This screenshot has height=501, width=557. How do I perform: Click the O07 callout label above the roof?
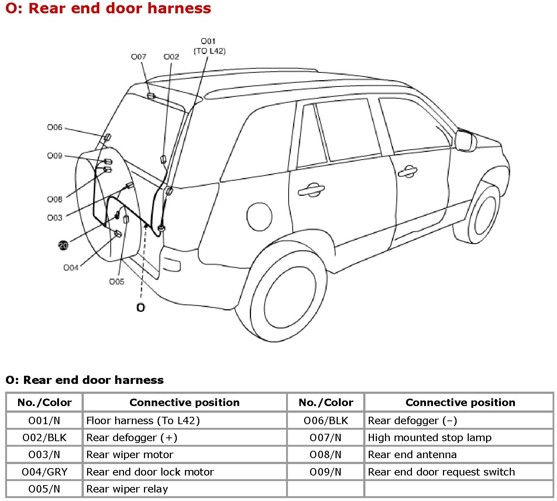[x=138, y=57]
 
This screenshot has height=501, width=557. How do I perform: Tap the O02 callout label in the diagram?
[x=171, y=57]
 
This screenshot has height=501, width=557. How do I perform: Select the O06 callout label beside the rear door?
[x=55, y=127]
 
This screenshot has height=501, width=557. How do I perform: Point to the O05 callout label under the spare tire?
[x=117, y=282]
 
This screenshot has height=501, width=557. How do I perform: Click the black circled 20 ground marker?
[x=63, y=245]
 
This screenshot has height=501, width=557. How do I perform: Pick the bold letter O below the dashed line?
[x=141, y=307]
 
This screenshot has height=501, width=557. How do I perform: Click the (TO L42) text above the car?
[x=209, y=51]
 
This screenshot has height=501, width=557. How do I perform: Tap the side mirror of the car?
[x=465, y=140]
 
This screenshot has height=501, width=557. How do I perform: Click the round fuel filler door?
[x=259, y=217]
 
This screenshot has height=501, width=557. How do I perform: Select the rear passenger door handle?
[x=311, y=190]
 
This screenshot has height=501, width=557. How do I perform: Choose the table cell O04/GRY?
[x=44, y=472]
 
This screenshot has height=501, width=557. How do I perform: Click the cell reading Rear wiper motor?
[x=130, y=455]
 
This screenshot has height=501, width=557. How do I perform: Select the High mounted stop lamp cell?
[x=430, y=438]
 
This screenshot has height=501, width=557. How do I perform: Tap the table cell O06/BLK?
[x=326, y=421]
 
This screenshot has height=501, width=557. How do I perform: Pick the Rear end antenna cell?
[x=412, y=455]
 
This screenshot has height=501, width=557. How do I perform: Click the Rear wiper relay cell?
[x=127, y=489]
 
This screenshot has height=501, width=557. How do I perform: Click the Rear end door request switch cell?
[x=441, y=472]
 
